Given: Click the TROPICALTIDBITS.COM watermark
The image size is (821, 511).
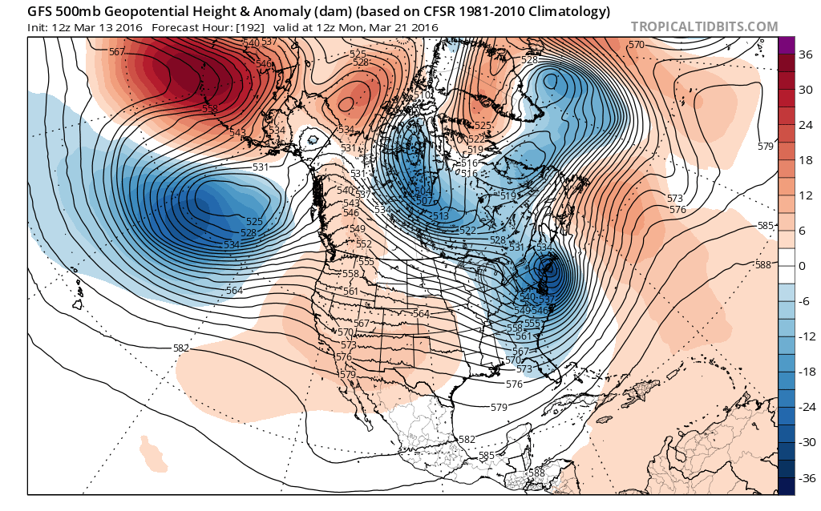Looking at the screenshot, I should pyautogui.click(x=704, y=26).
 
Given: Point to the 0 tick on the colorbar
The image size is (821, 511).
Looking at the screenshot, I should pyautogui.click(x=801, y=264).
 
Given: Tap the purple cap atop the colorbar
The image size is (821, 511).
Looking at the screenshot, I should pyautogui.click(x=786, y=45).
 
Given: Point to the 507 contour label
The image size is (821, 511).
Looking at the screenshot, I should pyautogui.click(x=424, y=201).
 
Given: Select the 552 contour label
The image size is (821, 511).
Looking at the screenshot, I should pyautogui.click(x=364, y=244).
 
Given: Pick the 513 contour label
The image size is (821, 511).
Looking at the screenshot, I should pyautogui.click(x=440, y=216).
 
